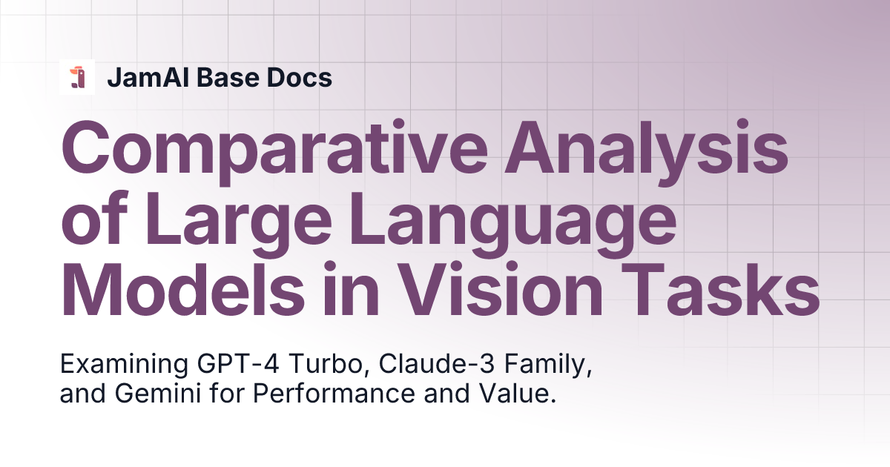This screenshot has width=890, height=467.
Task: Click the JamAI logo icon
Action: point(77,77)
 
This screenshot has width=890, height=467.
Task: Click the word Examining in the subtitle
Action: point(124,365)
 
